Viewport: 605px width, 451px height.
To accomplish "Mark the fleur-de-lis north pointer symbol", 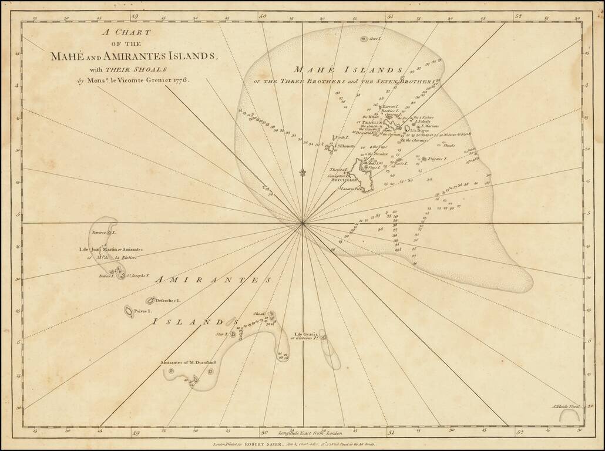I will click(302, 172).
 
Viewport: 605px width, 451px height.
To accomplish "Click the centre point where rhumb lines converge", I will click(302, 223).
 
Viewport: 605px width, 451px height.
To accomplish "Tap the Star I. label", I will click(221, 334).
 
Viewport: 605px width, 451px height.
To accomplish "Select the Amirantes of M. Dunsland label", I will click(188, 362).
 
